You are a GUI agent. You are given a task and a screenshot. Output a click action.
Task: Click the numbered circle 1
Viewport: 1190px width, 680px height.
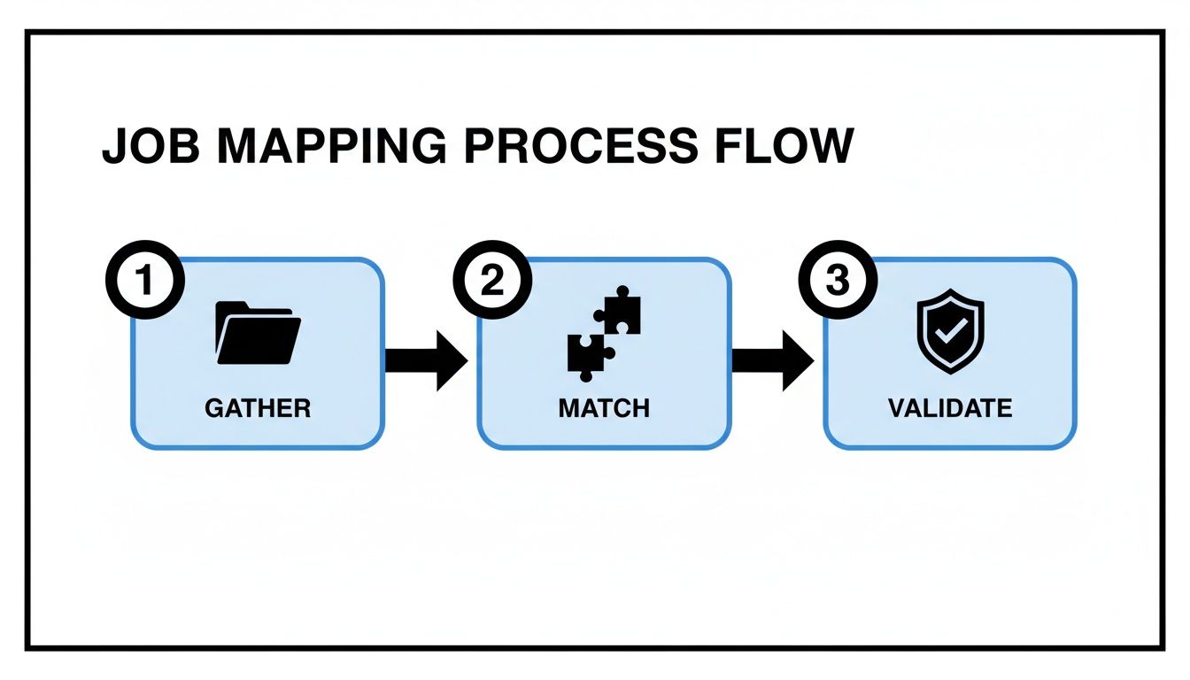pyautogui.click(x=145, y=282)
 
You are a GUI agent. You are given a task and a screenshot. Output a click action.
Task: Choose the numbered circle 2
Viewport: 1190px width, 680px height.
pyautogui.click(x=492, y=282)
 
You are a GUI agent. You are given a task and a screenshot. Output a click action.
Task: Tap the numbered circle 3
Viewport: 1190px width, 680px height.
pyautogui.click(x=838, y=282)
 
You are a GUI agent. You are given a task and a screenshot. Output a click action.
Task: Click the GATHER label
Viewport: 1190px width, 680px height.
pyautogui.click(x=258, y=408)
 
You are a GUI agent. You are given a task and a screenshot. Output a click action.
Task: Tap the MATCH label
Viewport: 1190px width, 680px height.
pyautogui.click(x=604, y=408)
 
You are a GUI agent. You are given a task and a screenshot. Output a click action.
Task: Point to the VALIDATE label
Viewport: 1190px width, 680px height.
pyautogui.click(x=950, y=408)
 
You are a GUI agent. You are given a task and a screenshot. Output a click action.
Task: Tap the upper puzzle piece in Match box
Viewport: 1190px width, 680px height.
pyautogui.click(x=619, y=311)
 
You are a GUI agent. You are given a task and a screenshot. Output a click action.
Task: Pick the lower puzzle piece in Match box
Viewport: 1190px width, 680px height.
pyautogui.click(x=585, y=352)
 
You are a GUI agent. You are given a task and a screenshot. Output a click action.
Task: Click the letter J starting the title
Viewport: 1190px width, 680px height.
pyautogui.click(x=113, y=146)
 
